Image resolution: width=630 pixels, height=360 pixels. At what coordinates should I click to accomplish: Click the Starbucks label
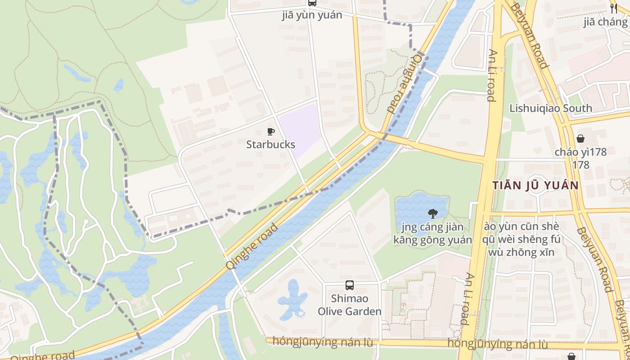pos(270,144)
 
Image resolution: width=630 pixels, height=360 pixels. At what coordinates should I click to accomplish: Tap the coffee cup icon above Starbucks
pos(270,131)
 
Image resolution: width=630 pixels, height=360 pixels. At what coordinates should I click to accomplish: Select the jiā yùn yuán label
pos(312,15)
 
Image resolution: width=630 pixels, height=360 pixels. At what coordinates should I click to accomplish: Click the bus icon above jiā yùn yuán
pos(312,3)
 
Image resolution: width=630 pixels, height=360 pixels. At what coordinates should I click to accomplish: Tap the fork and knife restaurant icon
pos(613,8)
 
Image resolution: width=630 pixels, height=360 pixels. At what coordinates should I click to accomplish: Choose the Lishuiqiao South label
pos(550,108)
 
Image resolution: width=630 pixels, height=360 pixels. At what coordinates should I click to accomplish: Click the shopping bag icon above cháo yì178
pos(580,139)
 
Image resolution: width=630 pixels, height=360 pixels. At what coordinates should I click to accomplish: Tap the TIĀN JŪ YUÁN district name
pos(535,185)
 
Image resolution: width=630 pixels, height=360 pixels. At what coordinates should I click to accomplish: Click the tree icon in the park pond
pos(432,213)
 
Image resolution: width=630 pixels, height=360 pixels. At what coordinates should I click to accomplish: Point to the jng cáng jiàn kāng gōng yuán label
pos(432,233)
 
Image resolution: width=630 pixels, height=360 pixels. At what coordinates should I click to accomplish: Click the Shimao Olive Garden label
pos(349,305)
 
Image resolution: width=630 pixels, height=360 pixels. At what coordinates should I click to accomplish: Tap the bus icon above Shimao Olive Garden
pos(349,285)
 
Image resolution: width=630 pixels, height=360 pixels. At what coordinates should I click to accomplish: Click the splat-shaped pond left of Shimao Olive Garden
pos(292,299)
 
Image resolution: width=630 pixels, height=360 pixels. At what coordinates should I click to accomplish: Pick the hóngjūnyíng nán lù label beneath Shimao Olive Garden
pos(323,342)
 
